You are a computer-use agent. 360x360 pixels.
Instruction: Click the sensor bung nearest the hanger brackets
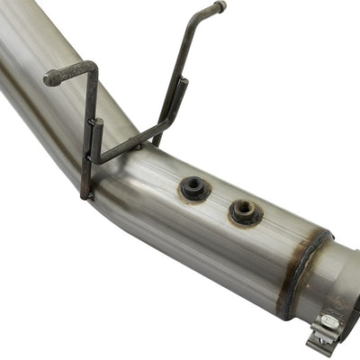pyautogui.click(x=193, y=188)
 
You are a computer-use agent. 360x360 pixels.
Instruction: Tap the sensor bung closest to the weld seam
pyautogui.click(x=244, y=211)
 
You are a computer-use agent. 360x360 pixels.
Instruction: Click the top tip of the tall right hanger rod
pyautogui.click(x=219, y=7)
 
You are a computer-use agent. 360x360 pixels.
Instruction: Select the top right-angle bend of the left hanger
pyautogui.click(x=91, y=67)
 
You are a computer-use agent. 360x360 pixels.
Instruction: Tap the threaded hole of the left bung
pyautogui.click(x=193, y=188)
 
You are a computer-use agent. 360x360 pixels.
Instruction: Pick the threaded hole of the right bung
pyautogui.click(x=244, y=211)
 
